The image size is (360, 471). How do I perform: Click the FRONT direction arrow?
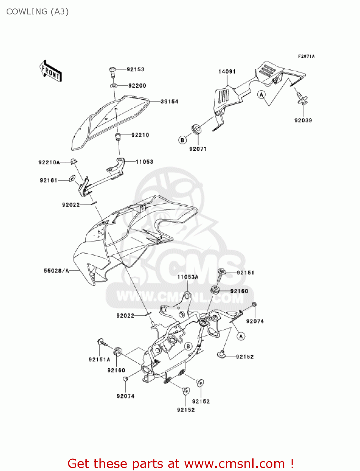point(50,71)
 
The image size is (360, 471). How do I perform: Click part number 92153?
point(135,69)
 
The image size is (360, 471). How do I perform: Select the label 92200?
point(137,86)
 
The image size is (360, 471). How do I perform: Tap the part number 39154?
point(169,102)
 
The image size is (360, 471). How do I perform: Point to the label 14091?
point(227,72)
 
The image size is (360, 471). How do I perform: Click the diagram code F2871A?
point(306,57)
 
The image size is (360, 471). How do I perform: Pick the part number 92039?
point(303,120)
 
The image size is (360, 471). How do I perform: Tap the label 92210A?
point(49,162)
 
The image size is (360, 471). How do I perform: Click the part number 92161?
point(49,180)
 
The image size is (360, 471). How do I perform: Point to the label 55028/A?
point(56,271)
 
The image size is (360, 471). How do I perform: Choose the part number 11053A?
point(188,277)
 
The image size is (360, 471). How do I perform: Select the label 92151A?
point(99,360)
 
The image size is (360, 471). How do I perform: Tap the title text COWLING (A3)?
point(37,12)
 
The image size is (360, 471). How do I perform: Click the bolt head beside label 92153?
point(113,70)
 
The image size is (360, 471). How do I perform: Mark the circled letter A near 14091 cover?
point(261,94)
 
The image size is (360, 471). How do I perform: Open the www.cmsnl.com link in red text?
point(234,463)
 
